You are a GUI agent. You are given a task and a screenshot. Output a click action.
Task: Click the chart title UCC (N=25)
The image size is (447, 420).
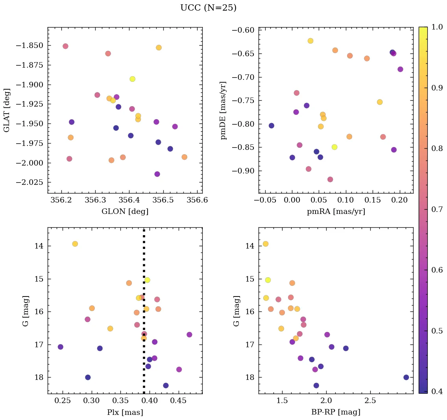208,8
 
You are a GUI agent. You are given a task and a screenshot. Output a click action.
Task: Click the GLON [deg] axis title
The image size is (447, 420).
125,212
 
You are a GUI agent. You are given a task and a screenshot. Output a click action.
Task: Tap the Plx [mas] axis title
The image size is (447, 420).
125,412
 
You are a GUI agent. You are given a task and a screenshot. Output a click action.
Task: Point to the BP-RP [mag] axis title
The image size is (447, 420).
336,412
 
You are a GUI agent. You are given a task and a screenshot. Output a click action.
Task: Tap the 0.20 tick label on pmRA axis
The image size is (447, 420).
400,201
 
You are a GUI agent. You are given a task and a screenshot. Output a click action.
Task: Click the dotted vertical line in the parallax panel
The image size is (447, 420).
144,354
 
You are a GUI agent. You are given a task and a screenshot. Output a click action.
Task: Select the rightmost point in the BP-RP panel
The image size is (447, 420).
406,377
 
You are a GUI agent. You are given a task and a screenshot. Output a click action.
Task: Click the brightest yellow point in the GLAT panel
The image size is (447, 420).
133,79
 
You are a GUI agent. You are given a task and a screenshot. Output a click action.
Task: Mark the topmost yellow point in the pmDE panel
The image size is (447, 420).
310,41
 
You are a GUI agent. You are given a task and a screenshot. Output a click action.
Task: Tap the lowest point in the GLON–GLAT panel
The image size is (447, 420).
157,174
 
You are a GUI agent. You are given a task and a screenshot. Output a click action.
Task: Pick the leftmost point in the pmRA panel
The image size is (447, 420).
272,125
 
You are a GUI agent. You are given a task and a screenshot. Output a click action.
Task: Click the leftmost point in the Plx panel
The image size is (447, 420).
60,347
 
